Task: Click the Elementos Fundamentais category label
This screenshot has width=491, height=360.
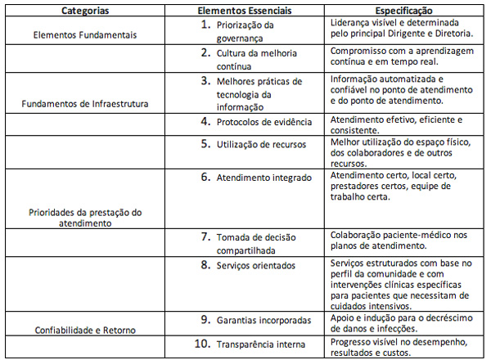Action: coord(85,36)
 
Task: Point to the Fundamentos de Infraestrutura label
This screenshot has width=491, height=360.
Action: coord(85,106)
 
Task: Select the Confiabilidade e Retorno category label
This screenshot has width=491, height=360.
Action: coord(85,331)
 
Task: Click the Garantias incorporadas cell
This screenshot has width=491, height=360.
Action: coord(262,319)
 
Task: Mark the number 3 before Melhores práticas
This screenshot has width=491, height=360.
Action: coord(207,81)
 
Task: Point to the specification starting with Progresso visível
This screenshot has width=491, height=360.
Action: coord(392,344)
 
